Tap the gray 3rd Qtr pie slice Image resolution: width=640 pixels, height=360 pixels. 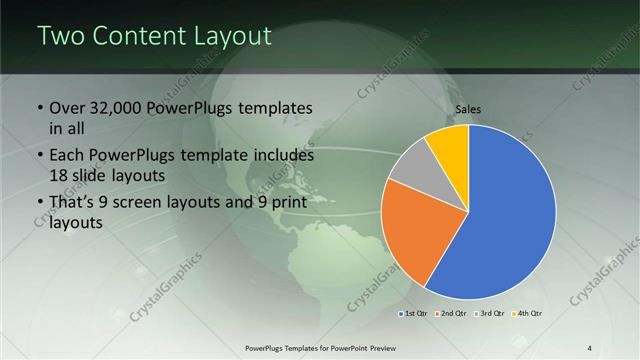point(411,165)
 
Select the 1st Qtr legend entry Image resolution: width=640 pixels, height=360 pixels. point(415,314)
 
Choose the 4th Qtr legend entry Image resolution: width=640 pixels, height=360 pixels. point(528,314)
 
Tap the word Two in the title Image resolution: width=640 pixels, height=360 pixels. point(61,36)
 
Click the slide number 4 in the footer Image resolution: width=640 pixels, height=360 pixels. point(589,347)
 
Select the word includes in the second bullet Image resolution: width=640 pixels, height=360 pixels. point(284,156)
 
